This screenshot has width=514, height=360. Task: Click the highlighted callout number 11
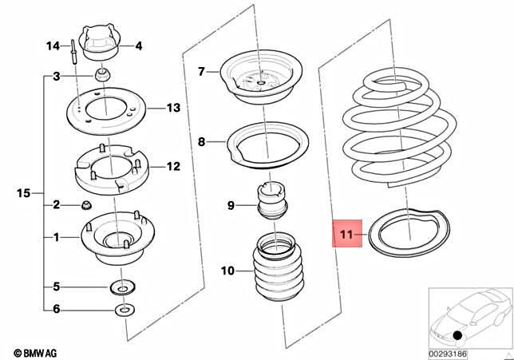pyautogui.click(x=346, y=235)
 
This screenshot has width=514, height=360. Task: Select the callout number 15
pyautogui.click(x=23, y=192)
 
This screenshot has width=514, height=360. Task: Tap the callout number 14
pyautogui.click(x=53, y=45)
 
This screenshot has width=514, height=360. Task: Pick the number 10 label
pyautogui.click(x=228, y=271)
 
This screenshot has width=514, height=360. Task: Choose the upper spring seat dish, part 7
pyautogui.click(x=261, y=80)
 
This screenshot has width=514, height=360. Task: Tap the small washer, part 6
pyautogui.click(x=124, y=309)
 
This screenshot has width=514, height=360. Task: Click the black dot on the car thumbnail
pyautogui.click(x=455, y=335)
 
